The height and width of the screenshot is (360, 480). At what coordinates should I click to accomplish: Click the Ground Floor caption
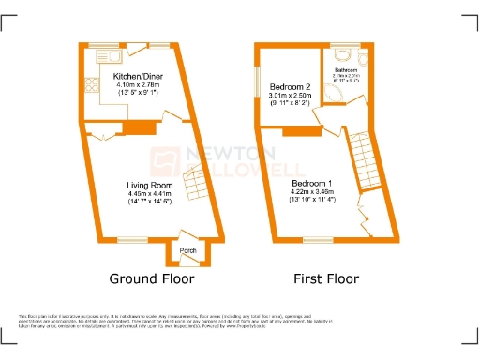[x=152, y=279]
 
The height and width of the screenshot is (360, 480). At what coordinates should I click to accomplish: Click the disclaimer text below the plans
[x=240, y=323]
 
